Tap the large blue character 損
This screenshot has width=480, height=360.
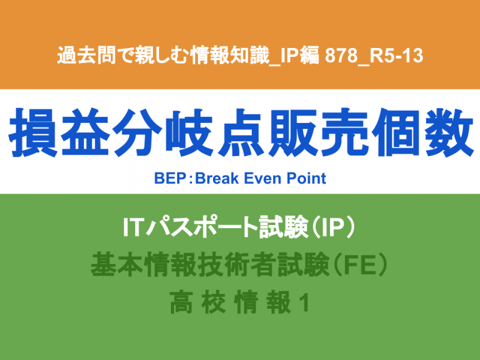click(33, 132)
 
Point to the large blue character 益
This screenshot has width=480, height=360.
click(85, 132)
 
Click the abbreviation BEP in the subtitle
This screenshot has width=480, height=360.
click(170, 178)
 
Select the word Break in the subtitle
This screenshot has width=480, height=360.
click(217, 178)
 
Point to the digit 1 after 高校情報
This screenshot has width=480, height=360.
click(304, 303)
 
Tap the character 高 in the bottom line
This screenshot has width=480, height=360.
click(182, 303)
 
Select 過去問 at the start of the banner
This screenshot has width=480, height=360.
click(86, 55)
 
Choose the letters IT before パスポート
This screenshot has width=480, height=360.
click(133, 227)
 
